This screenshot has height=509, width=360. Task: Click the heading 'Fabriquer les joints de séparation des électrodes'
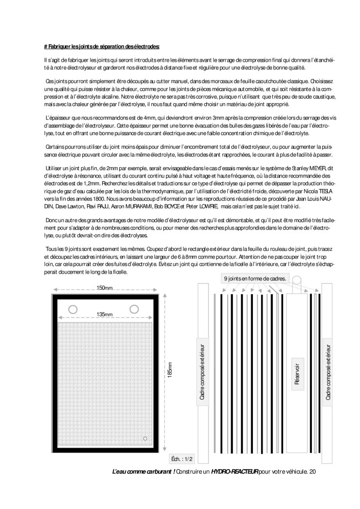tap(102, 47)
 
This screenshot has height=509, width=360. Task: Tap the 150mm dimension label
tap(105, 288)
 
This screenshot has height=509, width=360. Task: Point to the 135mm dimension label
tap(105, 315)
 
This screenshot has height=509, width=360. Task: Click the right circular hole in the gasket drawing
tap(134, 309)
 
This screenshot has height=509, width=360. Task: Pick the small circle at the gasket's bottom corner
tap(145, 439)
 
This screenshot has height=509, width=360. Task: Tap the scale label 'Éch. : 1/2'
tap(182, 458)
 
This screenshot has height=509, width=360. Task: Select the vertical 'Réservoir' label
tap(297, 374)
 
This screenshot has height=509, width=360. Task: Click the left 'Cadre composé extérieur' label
tap(202, 372)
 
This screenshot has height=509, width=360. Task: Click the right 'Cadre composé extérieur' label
tap(328, 372)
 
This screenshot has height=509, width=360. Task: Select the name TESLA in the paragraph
tap(326, 192)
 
